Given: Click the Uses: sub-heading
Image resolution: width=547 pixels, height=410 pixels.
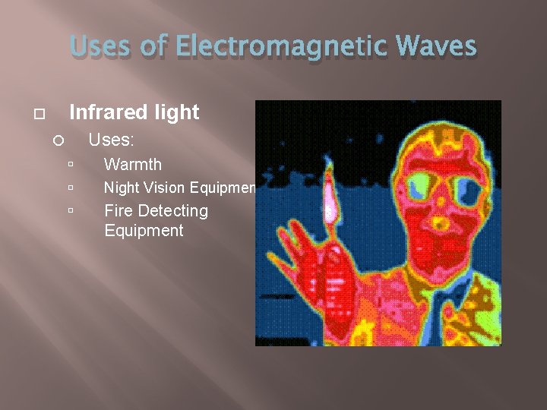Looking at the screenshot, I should coord(111,140).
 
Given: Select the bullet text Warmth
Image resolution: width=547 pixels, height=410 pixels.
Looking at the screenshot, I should coord(132,164).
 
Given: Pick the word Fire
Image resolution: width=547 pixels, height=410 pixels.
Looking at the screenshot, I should coord(118,210).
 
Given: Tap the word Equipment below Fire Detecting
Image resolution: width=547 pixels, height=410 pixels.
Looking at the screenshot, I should coord(144,231).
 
